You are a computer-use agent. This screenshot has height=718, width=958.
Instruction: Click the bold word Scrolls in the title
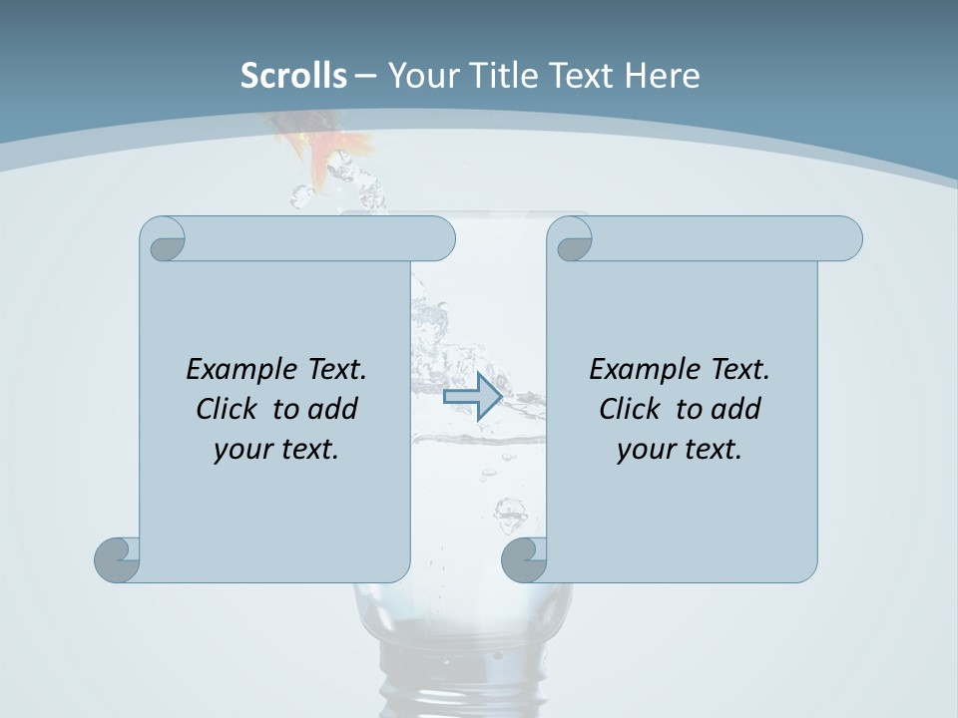pyautogui.click(x=293, y=76)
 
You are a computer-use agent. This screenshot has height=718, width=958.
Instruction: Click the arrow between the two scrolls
pyautogui.click(x=472, y=396)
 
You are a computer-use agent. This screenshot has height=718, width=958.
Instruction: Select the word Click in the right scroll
pyautogui.click(x=630, y=410)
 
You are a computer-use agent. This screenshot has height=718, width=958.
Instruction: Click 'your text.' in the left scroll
pyautogui.click(x=276, y=450)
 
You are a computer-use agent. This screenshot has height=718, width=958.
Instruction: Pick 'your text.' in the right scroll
pyautogui.click(x=680, y=450)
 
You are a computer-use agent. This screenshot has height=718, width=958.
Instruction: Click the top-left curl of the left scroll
pyautogui.click(x=164, y=240)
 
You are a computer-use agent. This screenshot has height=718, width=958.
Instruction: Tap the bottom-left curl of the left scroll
pyautogui.click(x=118, y=559)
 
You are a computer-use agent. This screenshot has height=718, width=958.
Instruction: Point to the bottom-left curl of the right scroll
pyautogui.click(x=524, y=559)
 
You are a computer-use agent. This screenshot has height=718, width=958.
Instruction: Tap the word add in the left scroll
pyautogui.click(x=334, y=410)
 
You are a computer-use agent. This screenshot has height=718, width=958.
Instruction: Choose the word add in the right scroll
pyautogui.click(x=737, y=410)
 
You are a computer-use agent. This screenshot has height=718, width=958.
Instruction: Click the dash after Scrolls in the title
pyautogui.click(x=365, y=76)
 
